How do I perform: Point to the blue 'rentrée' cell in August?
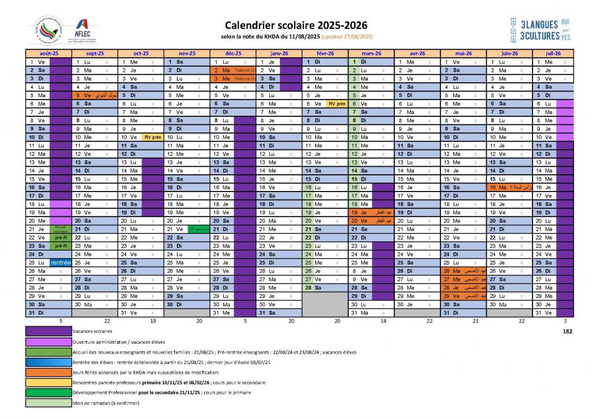61,262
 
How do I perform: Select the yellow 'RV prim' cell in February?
336,104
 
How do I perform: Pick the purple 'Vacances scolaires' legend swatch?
49,332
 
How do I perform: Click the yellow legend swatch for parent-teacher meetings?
49,383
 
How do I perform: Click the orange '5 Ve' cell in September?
83,95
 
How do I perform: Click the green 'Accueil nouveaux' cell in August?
61,229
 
